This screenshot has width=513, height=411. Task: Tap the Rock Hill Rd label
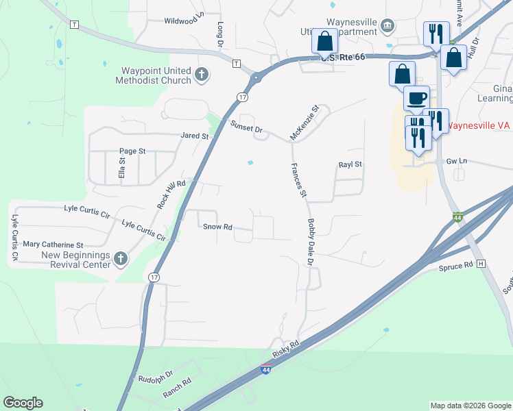(x=171, y=195)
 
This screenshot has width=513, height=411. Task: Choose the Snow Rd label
(x=217, y=227)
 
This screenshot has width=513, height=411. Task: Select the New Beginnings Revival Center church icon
(x=121, y=258)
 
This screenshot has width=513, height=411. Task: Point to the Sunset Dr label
(x=246, y=127)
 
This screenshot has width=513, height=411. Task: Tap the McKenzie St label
(x=305, y=123)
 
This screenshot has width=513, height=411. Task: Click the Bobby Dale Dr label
(x=310, y=242)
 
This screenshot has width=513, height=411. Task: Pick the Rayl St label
(x=350, y=165)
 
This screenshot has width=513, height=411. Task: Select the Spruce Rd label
(x=456, y=265)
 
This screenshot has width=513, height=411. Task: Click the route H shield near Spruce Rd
(x=481, y=264)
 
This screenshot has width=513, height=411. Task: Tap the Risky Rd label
(x=286, y=349)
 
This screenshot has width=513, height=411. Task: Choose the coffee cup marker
(x=416, y=99)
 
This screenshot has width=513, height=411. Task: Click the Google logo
(x=23, y=403)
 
